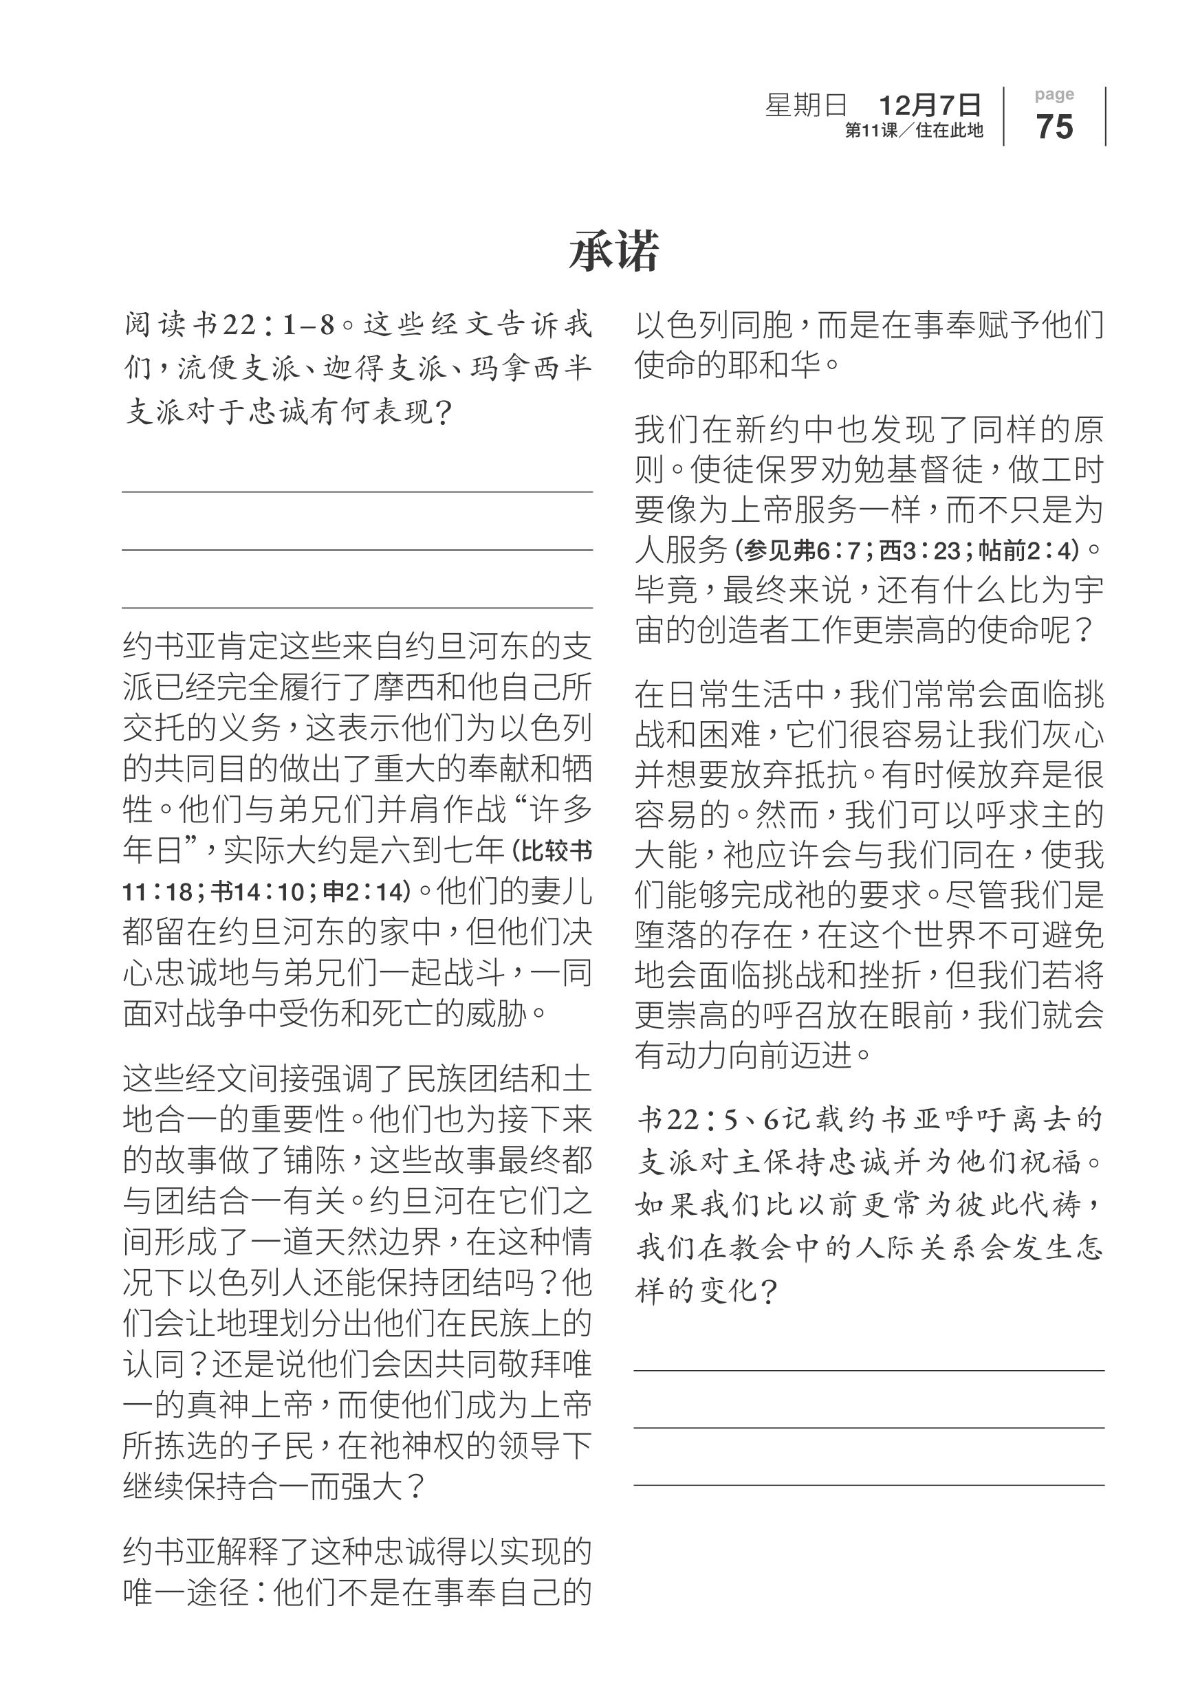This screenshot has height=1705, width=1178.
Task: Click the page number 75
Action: click(1054, 126)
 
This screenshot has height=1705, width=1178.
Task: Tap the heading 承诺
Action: click(613, 251)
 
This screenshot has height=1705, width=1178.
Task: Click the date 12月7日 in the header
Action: click(929, 105)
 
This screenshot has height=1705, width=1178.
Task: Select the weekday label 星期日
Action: click(806, 105)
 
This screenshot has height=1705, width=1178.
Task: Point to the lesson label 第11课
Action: click(871, 131)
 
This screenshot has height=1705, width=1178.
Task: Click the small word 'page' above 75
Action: click(1054, 94)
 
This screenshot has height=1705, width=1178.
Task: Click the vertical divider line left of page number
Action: click(1004, 117)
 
